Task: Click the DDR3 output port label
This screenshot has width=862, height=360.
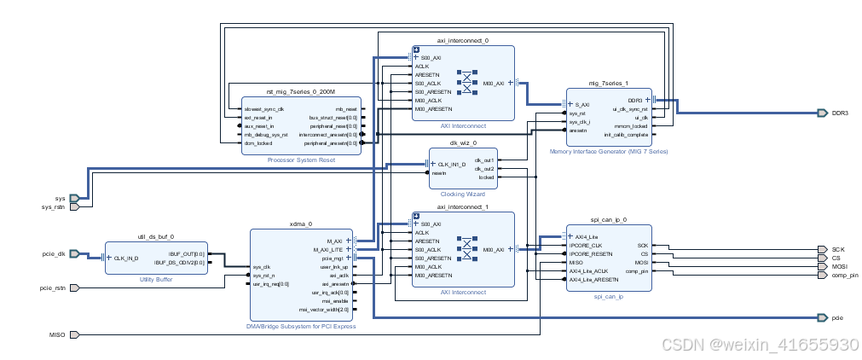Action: (x=840, y=113)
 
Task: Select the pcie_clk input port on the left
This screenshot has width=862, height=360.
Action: (x=53, y=253)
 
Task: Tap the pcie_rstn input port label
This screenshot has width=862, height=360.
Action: (x=52, y=287)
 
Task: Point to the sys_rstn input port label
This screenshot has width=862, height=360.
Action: (x=54, y=206)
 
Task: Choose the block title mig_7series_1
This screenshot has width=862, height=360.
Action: (x=608, y=84)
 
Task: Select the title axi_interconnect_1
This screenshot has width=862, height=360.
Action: (x=463, y=206)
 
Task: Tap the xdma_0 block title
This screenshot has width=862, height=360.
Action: (x=302, y=223)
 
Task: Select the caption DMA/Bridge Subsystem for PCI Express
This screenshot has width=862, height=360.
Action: (x=302, y=326)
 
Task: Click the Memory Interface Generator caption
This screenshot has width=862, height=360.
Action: (x=609, y=151)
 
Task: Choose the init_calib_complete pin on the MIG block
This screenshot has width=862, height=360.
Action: (x=627, y=135)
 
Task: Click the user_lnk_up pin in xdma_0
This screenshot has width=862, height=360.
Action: (x=333, y=267)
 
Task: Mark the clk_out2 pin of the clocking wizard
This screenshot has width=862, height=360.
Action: (x=484, y=168)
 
